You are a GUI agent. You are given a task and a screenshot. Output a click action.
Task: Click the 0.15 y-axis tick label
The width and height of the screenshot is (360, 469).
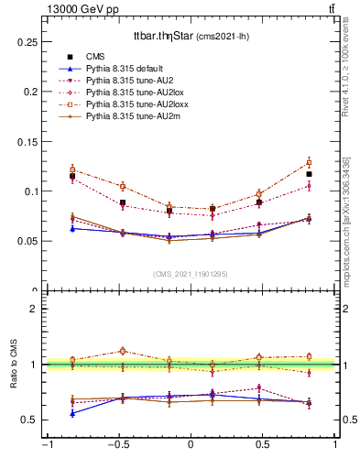coord(29,141)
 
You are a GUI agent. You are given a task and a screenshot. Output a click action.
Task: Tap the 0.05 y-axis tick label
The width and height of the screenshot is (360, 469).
coord(29,241)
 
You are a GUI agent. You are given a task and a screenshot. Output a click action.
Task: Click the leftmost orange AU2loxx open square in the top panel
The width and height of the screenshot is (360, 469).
coord(72,169)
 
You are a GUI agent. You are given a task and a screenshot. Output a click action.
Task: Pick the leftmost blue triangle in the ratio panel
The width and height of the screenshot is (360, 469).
coord(72,413)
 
